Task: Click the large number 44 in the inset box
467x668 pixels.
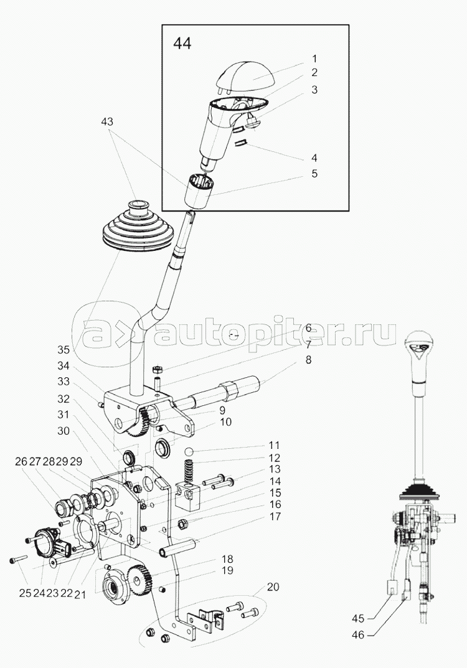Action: pos(182,44)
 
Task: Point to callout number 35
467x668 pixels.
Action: pos(64,350)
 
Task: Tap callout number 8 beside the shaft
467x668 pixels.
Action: pos(308,360)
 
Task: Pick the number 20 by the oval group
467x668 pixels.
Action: pos(273,587)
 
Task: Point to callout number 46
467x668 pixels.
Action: pos(359,635)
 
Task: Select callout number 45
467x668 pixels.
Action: pos(359,618)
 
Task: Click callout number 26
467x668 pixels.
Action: pos(21,461)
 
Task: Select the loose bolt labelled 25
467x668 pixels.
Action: pos(18,558)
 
